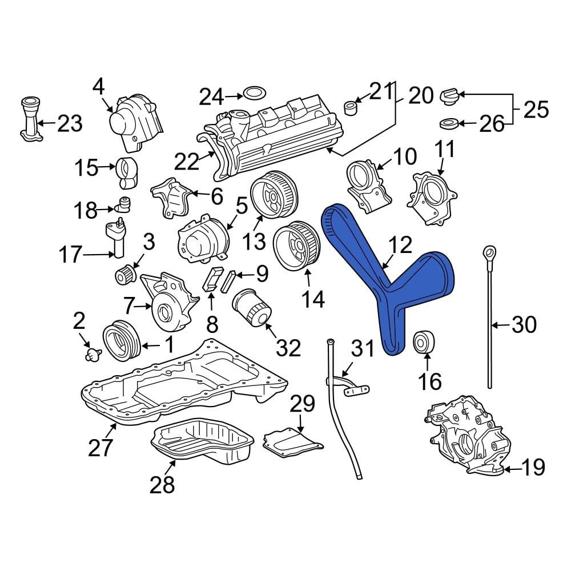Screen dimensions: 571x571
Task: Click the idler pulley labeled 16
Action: click(424, 342)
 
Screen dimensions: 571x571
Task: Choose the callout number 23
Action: click(70, 123)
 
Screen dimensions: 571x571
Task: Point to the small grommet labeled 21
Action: click(351, 107)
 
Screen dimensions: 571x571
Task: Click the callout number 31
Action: click(361, 348)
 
